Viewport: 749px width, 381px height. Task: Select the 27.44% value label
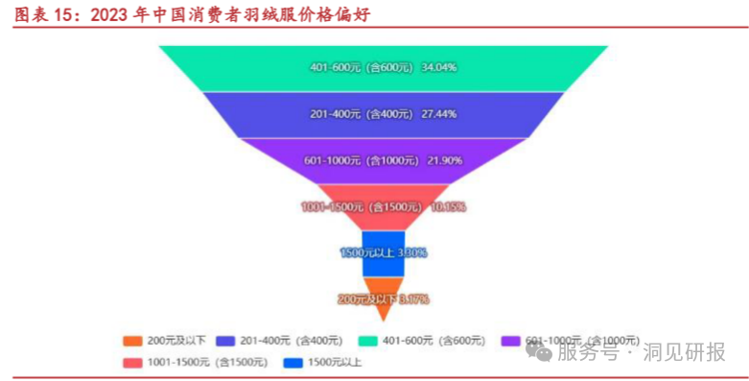439,114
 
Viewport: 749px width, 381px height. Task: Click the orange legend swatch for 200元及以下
132,341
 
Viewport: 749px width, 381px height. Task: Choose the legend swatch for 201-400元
226,341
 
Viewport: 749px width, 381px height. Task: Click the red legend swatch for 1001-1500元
132,363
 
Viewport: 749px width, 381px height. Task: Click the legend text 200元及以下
175,341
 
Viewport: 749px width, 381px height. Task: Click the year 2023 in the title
109,14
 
